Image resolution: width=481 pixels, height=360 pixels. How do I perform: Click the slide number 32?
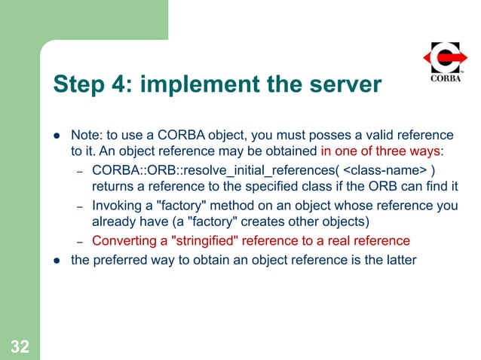[x=20, y=346]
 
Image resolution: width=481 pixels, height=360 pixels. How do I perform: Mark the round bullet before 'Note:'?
[x=56, y=136]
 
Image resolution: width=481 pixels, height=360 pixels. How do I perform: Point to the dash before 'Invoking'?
[x=79, y=206]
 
